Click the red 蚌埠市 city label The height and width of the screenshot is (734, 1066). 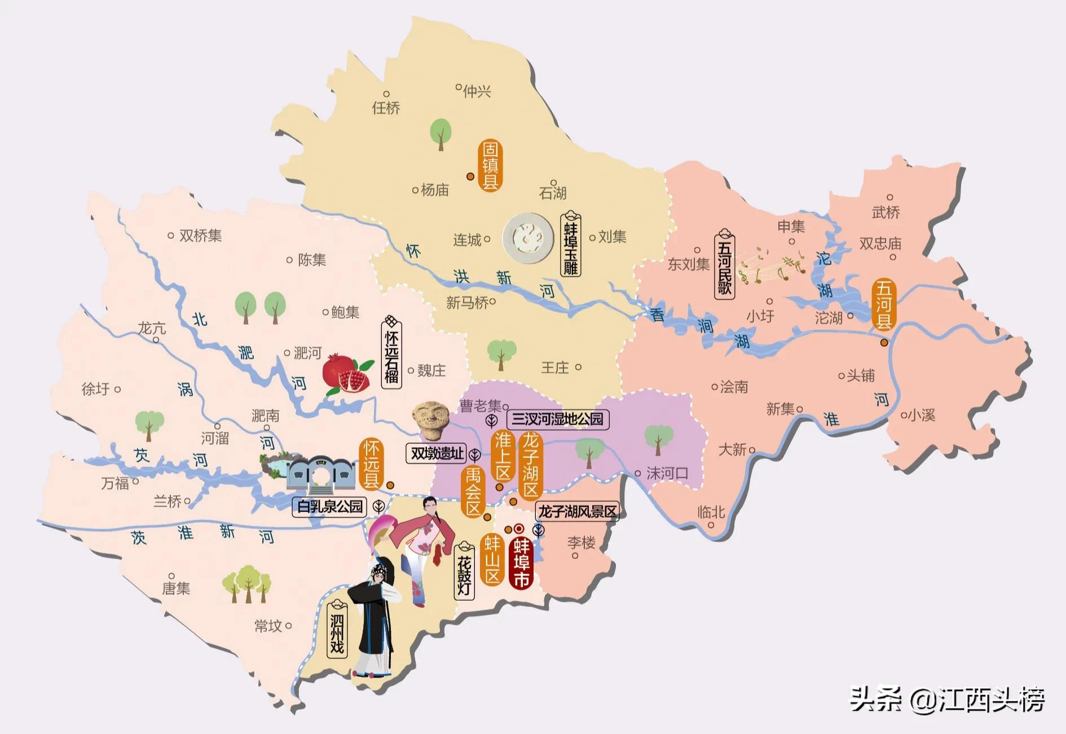(521, 563)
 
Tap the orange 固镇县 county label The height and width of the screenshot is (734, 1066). (490, 166)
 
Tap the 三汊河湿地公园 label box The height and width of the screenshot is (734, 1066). (557, 420)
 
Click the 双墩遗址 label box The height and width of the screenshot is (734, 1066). (437, 453)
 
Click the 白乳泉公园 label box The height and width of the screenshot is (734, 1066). (330, 506)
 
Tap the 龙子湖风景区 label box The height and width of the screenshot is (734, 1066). (578, 512)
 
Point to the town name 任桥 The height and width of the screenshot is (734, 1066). (386, 107)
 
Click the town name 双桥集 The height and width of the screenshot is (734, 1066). (200, 235)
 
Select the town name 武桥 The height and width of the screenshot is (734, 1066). (886, 212)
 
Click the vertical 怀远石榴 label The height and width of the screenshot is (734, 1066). (391, 353)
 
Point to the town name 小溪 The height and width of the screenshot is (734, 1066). (922, 416)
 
